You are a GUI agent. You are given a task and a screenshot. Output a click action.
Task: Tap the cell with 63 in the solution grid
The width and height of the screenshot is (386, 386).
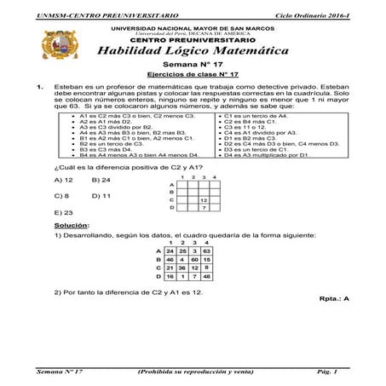206,252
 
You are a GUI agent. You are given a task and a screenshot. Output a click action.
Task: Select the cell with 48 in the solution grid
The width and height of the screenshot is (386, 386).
206,277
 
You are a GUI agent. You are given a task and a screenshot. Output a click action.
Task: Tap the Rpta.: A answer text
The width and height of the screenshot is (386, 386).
333,300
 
